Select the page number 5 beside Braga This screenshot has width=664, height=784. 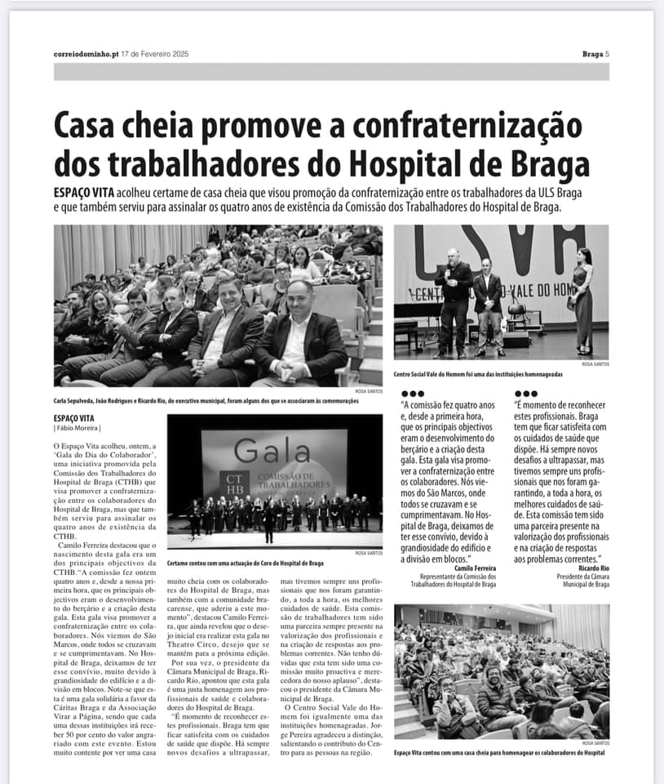[607, 54]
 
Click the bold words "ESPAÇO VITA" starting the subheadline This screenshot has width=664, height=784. [82, 190]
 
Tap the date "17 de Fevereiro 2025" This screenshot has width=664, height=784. [155, 54]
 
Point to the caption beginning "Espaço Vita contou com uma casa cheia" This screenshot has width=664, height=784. [499, 751]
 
